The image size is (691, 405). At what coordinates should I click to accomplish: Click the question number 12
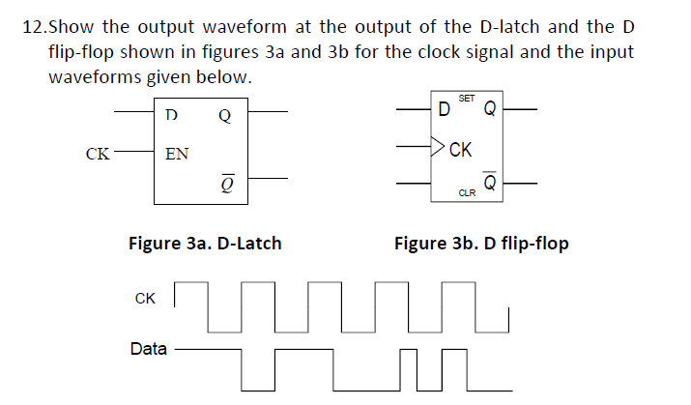(32, 24)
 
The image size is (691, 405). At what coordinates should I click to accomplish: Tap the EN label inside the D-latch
(177, 153)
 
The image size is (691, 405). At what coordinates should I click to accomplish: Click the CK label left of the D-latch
(97, 153)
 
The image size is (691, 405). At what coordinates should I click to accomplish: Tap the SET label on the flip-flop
(466, 99)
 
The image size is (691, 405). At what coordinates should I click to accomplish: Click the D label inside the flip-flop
(443, 108)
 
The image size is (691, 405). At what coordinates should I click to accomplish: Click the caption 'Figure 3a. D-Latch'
(205, 243)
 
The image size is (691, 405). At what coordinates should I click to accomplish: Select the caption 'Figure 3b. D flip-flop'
(481, 243)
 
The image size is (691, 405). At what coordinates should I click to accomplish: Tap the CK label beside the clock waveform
(145, 299)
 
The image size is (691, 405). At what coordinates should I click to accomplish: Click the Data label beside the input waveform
(148, 348)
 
